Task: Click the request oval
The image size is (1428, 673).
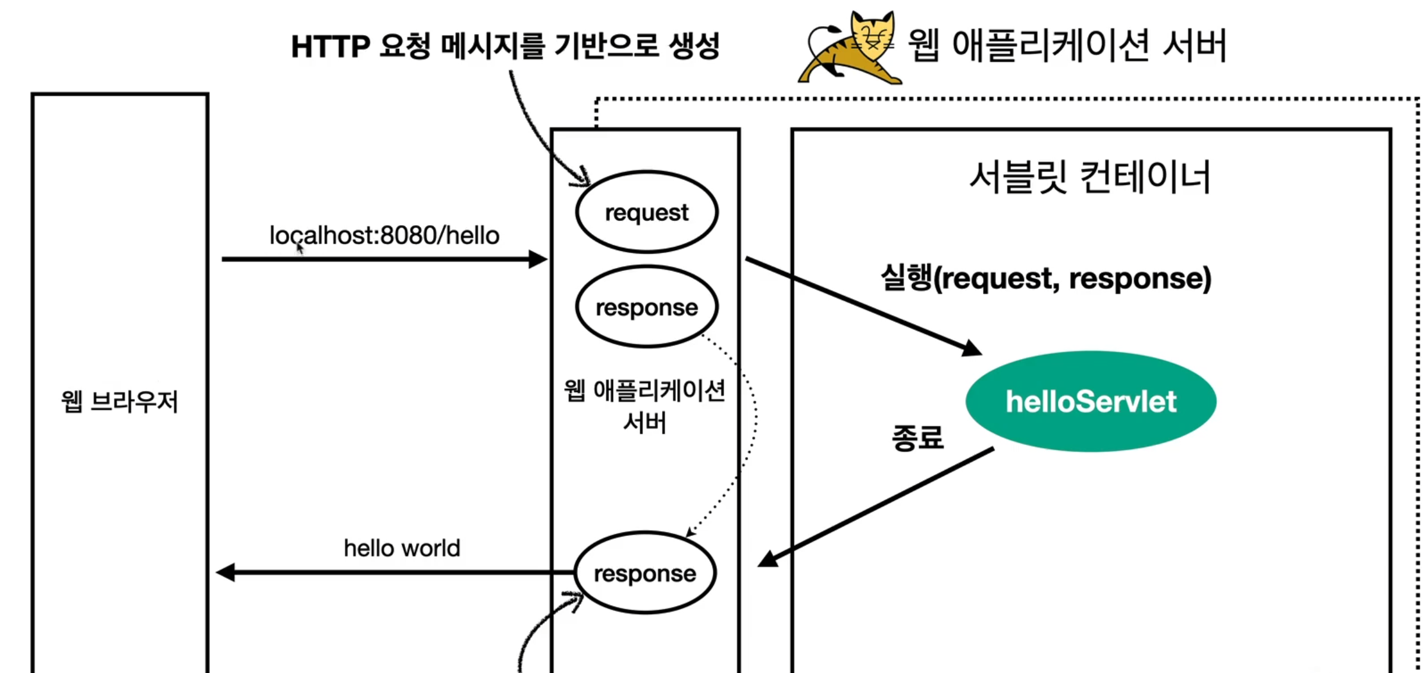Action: point(647,212)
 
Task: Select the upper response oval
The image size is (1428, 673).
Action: point(647,307)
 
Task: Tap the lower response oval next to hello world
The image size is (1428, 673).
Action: point(645,573)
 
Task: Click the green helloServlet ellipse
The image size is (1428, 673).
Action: point(1091,401)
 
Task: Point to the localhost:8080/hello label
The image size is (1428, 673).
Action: point(384,236)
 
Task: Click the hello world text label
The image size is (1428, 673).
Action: point(402,548)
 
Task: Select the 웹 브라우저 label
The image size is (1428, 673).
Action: point(120,401)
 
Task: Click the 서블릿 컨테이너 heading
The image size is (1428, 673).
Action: point(1090,177)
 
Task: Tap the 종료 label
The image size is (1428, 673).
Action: point(917,438)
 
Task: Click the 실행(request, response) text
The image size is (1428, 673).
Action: point(1045,278)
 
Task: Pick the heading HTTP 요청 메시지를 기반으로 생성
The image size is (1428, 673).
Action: point(505,46)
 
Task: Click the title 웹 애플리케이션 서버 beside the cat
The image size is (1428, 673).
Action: point(1067,45)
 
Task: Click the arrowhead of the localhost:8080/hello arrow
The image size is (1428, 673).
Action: point(538,259)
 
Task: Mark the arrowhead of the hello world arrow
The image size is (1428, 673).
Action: point(226,573)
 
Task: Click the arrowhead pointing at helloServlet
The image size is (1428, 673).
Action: point(971,348)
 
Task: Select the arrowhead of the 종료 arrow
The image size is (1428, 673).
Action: point(768,559)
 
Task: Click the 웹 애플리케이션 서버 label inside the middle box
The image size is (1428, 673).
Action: point(645,406)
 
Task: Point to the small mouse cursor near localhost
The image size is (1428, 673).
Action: point(299,248)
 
